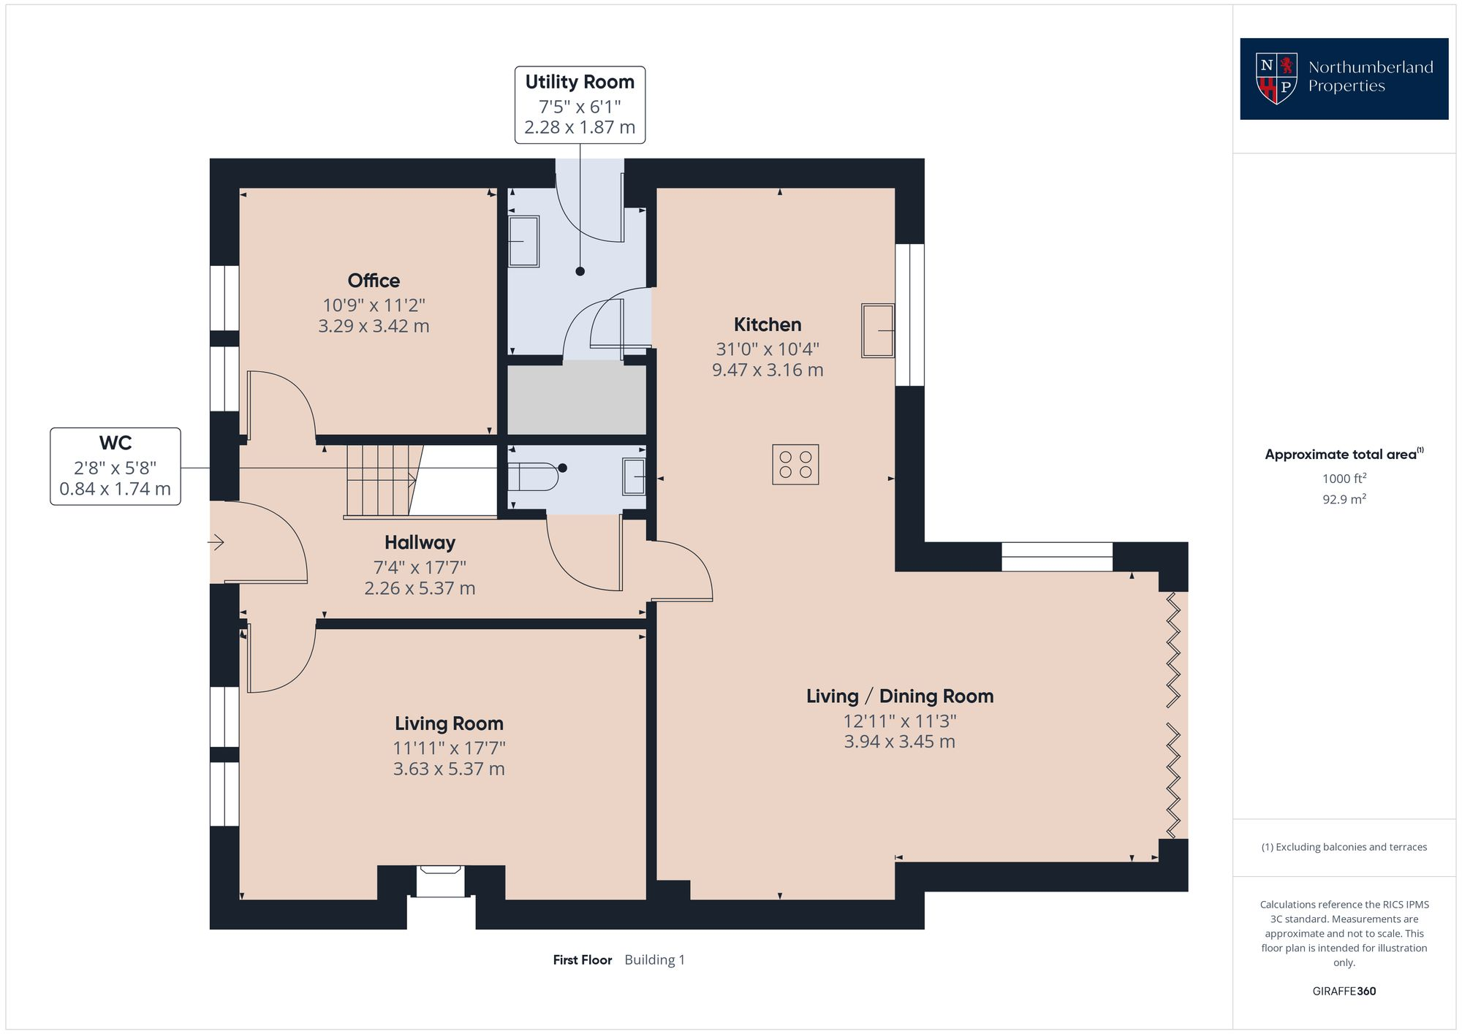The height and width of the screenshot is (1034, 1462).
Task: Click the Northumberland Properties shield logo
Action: coord(1276,78)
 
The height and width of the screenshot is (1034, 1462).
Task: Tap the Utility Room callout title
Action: coord(580,82)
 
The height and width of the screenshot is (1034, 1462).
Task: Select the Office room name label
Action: coord(374,281)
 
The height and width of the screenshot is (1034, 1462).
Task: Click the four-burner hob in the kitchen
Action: coord(795,464)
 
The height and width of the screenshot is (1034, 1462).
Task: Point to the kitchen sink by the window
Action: coord(878,330)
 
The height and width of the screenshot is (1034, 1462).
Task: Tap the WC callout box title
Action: coord(115,443)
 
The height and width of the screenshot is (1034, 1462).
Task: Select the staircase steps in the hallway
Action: coord(382,482)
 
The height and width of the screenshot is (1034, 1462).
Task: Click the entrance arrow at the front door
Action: coord(216,542)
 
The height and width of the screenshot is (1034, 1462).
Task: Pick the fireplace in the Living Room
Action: coord(441,881)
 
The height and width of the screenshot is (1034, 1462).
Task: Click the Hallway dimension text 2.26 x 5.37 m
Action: coord(420,588)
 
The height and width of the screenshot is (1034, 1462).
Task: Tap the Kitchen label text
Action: coord(768,324)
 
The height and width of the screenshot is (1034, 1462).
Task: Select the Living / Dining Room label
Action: coord(900,696)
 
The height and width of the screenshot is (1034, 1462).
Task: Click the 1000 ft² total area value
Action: coord(1344,479)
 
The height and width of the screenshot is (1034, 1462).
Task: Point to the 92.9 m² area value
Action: coord(1344,500)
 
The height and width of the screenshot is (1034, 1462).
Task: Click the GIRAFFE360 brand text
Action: coord(1344,992)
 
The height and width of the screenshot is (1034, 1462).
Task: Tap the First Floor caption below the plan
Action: coord(582,960)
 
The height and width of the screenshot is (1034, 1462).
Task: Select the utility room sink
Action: coord(523,241)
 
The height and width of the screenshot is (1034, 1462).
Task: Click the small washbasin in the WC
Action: coord(635,477)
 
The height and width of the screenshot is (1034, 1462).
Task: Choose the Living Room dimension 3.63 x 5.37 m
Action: coord(449,769)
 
